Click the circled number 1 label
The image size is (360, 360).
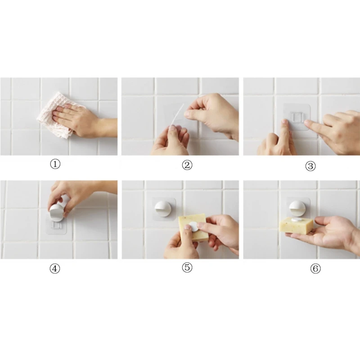(55, 165)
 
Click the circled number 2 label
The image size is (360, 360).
(187, 165)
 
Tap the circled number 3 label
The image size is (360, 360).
(310, 166)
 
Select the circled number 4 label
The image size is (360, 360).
(55, 269)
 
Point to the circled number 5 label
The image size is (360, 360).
(187, 268)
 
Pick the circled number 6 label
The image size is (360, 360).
(315, 269)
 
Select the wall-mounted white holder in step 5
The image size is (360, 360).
(163, 211)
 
